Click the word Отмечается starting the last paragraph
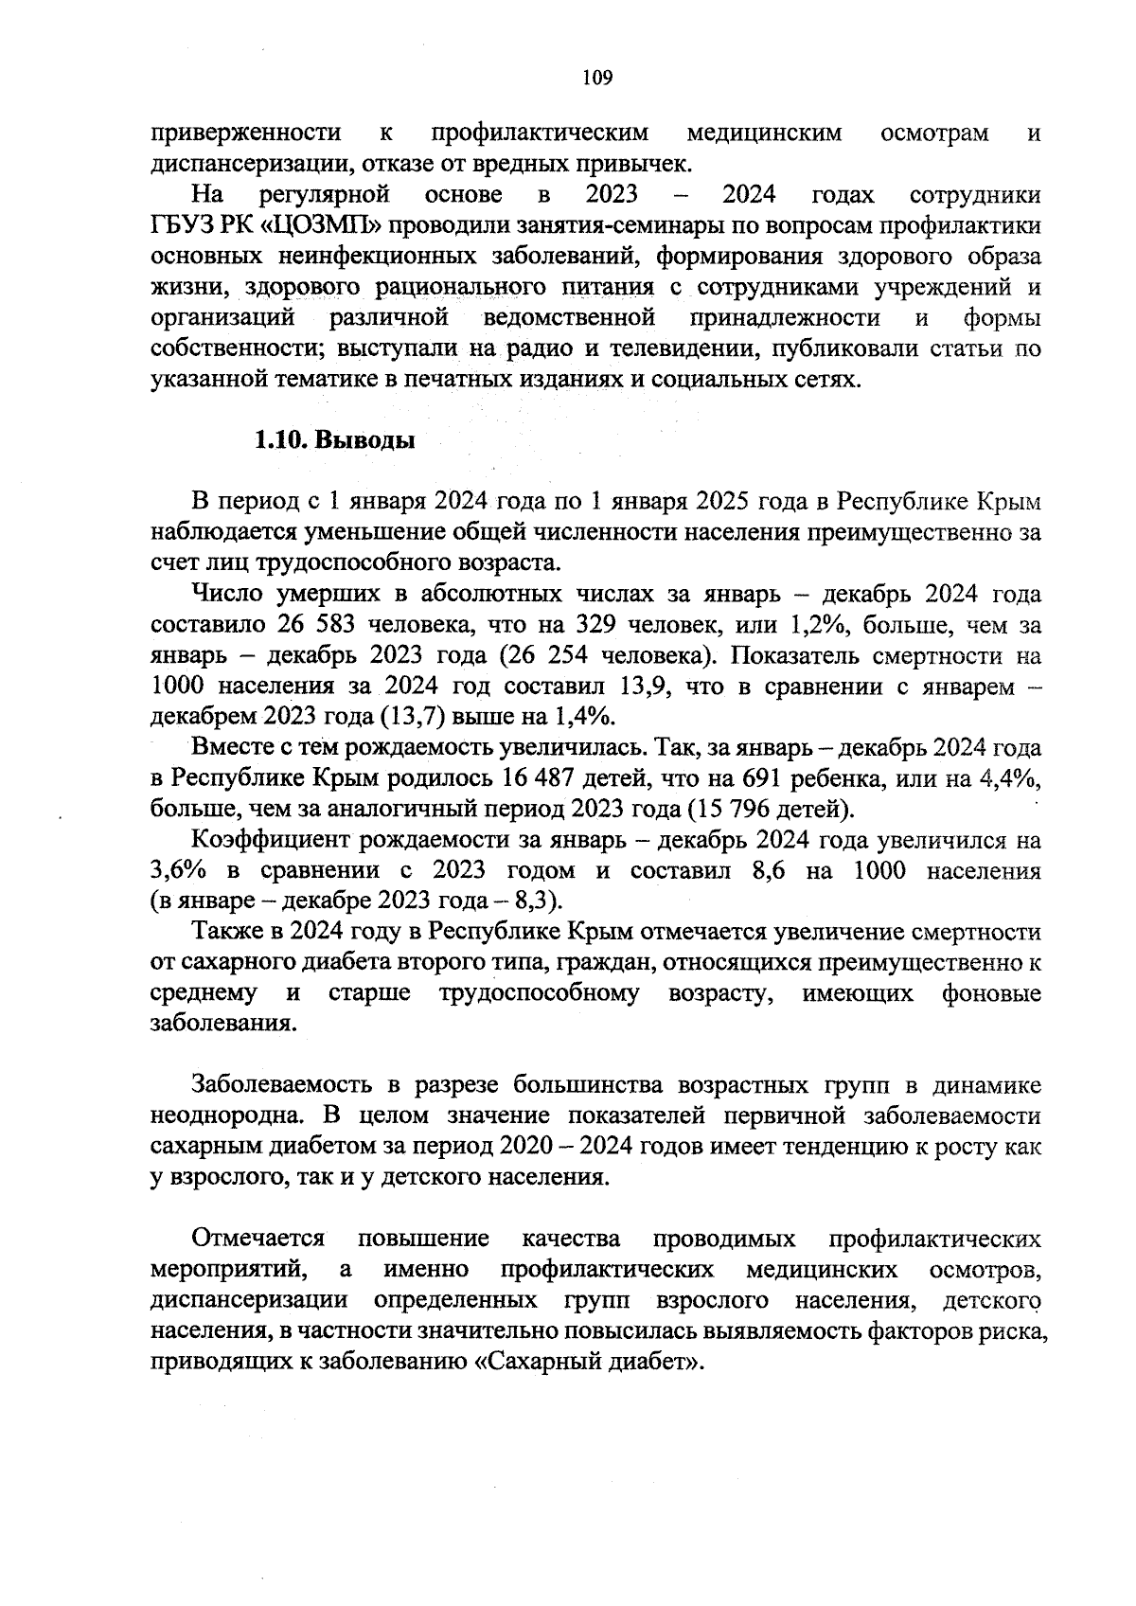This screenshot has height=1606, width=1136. (258, 1239)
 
